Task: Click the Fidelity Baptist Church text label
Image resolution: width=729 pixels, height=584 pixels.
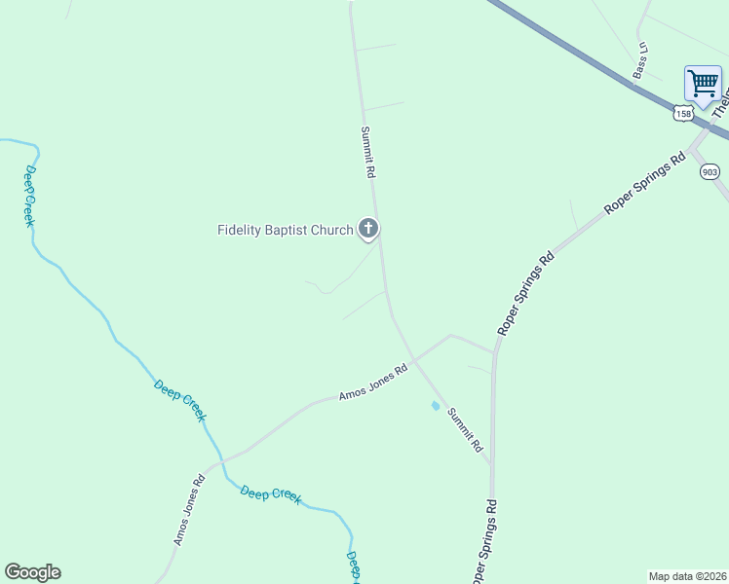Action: pos(285,231)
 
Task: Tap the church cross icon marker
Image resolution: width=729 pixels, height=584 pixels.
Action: pos(368,230)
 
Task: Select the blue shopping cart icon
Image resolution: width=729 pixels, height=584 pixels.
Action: pos(703,83)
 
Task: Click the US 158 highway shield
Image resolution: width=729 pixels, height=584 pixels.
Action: pos(682,114)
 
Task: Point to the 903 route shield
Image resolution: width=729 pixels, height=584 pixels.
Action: pos(710,171)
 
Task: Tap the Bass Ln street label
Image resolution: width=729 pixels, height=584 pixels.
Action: pos(640,60)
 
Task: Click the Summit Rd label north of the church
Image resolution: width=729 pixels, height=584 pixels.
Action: pos(367,153)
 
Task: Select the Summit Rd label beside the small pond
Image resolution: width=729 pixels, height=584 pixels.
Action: pos(465,429)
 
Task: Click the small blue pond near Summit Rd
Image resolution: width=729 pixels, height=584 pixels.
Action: pos(435,406)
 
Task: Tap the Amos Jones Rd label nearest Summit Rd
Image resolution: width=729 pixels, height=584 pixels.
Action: pos(373,383)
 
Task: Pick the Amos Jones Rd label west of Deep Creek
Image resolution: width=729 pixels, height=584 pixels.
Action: pos(189,509)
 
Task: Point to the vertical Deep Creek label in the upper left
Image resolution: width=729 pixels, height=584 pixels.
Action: pos(30,196)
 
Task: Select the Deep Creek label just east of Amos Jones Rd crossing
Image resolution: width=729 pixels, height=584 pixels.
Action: pos(271,495)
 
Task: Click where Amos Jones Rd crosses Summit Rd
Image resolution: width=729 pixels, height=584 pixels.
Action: pos(415,361)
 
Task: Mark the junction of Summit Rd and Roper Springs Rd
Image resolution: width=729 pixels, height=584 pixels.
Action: pos(490,460)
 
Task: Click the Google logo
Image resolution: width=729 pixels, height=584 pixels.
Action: pos(32,572)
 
